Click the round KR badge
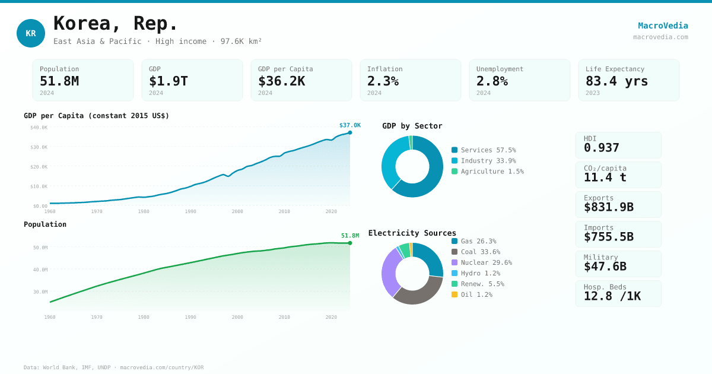click(31, 33)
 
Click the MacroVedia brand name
click(663, 26)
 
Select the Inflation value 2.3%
click(383, 81)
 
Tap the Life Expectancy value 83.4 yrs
click(616, 81)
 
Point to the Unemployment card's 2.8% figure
click(492, 81)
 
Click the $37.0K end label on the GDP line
click(350, 125)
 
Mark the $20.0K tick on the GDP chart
click(39, 167)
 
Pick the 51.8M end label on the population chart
click(350, 236)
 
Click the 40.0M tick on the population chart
click(40, 270)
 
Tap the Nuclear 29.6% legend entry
click(486, 262)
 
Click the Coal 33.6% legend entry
click(480, 252)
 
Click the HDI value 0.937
click(601, 148)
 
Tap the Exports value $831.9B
click(608, 207)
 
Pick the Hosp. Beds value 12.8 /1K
click(612, 296)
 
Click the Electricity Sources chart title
click(412, 233)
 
